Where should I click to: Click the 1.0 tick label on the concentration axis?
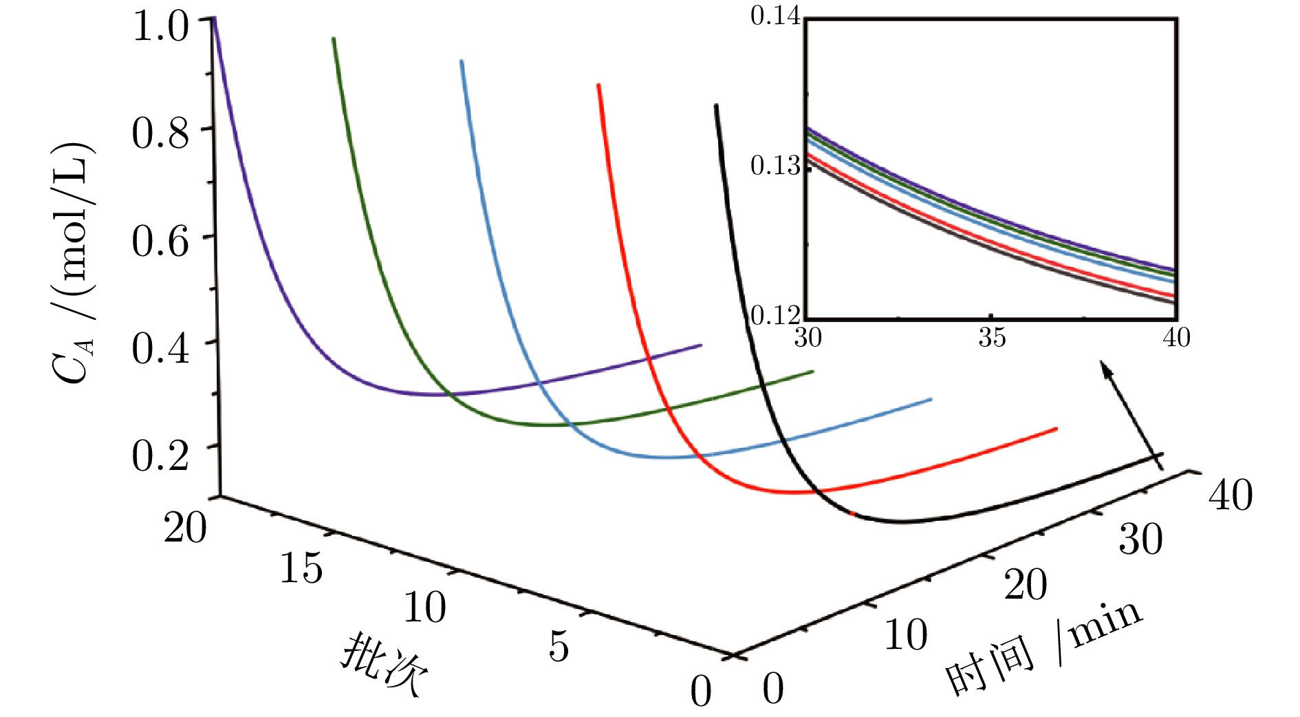pos(160,28)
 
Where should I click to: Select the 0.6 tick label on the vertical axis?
pos(160,242)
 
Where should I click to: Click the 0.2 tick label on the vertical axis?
pos(160,455)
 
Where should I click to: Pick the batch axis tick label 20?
pos(185,528)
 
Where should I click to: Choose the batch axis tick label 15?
pos(301,568)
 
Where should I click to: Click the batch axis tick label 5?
pos(559,646)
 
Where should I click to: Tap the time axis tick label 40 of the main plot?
pos(1231,495)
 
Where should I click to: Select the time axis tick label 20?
pos(1025,585)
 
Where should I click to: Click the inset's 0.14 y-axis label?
pos(776,16)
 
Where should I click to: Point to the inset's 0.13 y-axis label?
pos(776,166)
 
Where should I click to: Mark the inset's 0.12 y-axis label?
pos(776,315)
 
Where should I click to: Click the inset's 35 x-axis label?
pos(991,338)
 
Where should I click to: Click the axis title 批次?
pos(384,663)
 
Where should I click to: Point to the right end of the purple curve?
pos(700,345)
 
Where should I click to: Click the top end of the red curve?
pos(598,85)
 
